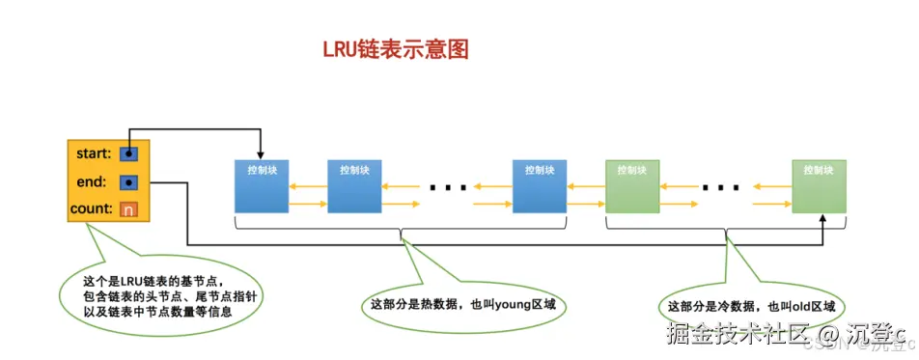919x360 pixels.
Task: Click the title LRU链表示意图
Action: pyautogui.click(x=396, y=49)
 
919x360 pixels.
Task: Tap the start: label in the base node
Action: pyautogui.click(x=94, y=152)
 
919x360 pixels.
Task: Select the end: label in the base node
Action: pyautogui.click(x=97, y=180)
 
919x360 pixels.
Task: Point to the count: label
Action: pyautogui.click(x=92, y=208)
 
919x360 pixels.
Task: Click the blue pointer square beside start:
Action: pyautogui.click(x=128, y=152)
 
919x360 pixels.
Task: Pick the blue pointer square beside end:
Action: pyautogui.click(x=128, y=180)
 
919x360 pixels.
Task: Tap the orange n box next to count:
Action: pyautogui.click(x=128, y=208)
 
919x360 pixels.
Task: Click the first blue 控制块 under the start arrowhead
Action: pyautogui.click(x=263, y=185)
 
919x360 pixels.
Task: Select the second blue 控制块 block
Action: pyautogui.click(x=355, y=185)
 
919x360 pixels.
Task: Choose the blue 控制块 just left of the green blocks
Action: pyautogui.click(x=539, y=185)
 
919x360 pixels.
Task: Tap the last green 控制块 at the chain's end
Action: pyautogui.click(x=819, y=185)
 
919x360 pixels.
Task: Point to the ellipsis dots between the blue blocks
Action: pyautogui.click(x=447, y=186)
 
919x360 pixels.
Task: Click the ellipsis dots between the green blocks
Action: pyautogui.click(x=721, y=186)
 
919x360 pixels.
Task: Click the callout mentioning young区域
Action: pyautogui.click(x=463, y=305)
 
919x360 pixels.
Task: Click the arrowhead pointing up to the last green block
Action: pyautogui.click(x=822, y=219)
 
